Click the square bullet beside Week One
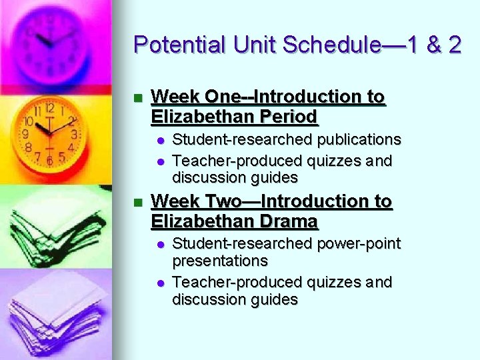[138, 98]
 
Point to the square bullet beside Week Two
[138, 202]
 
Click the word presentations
[220, 261]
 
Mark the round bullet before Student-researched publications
[160, 140]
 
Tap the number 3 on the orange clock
[74, 134]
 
